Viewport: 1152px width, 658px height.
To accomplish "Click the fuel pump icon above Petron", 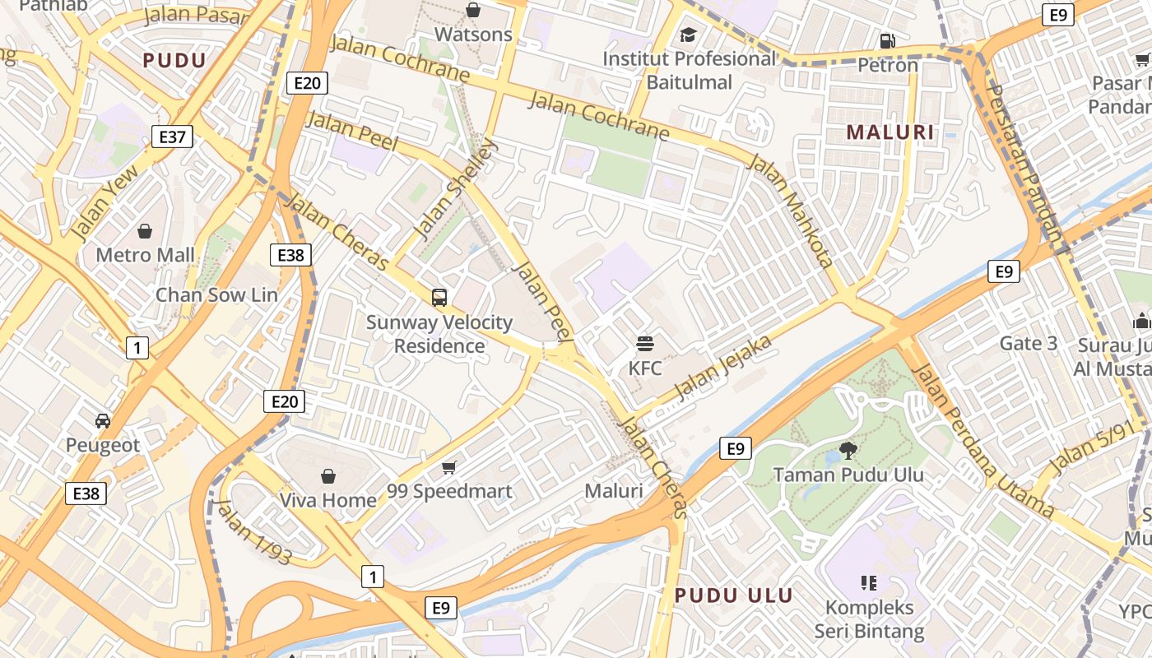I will [x=887, y=40].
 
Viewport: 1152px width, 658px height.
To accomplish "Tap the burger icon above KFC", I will [x=645, y=344].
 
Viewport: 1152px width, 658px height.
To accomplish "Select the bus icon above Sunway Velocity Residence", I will [x=439, y=298].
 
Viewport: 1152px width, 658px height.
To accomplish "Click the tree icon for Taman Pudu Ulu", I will [x=848, y=450].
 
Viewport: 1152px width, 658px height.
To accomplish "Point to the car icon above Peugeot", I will [x=103, y=421].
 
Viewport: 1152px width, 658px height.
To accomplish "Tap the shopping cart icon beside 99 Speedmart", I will [x=448, y=467].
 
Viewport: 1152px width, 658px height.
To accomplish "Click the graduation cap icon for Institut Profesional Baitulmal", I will [x=688, y=35].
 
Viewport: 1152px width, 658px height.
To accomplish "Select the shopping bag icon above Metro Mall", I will [x=145, y=231].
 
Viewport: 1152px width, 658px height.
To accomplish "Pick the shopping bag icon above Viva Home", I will [x=327, y=476].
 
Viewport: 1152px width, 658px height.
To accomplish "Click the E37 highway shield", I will [x=172, y=137].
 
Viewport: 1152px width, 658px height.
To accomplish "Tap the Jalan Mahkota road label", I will [x=791, y=210].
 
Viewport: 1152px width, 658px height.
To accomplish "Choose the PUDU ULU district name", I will [x=734, y=595].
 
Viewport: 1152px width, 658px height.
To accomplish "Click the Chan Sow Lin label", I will [x=216, y=294].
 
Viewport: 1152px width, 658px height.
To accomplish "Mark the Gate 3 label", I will [x=1028, y=343].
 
